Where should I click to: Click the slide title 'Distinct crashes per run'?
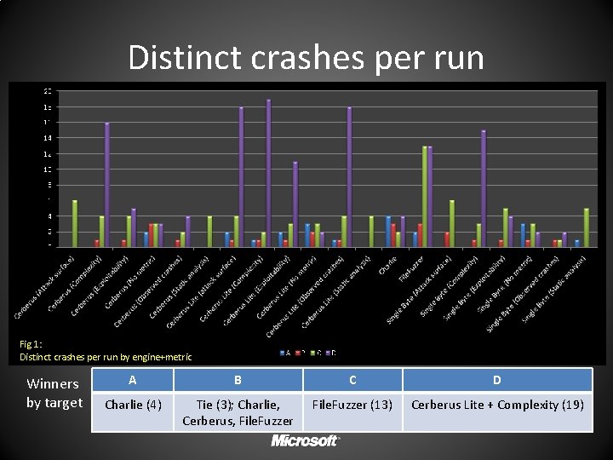(x=306, y=58)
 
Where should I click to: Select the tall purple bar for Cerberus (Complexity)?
(x=107, y=184)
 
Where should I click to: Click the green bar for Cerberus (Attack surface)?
(x=75, y=223)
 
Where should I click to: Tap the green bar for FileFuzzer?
(x=424, y=196)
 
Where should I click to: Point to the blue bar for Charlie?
(x=388, y=231)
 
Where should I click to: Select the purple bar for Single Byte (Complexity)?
(x=484, y=188)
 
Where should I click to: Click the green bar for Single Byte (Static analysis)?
(x=586, y=227)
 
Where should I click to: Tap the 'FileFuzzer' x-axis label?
(x=410, y=266)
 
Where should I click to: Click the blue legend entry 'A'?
(x=285, y=352)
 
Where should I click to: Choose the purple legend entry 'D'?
(x=331, y=352)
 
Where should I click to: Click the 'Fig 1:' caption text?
(x=32, y=344)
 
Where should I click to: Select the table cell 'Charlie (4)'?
(x=132, y=404)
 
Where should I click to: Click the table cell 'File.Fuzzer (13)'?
(x=352, y=404)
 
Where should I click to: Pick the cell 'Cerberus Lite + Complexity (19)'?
(x=497, y=404)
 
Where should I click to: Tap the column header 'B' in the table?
(x=238, y=380)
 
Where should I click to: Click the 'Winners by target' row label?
(x=54, y=393)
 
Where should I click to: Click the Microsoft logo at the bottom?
(x=306, y=440)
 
